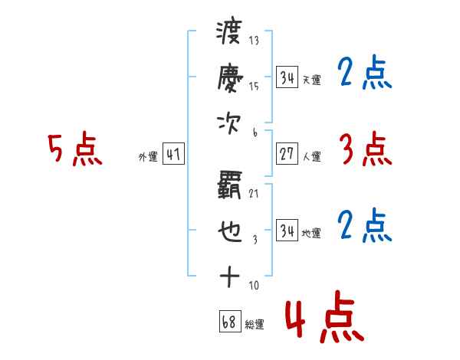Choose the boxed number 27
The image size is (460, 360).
[287, 154]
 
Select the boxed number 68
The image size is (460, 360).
[228, 323]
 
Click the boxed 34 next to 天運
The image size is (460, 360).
[287, 77]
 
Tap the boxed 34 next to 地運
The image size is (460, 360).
[287, 231]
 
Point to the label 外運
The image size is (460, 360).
[148, 158]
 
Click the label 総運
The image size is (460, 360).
[254, 326]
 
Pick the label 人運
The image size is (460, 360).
[312, 156]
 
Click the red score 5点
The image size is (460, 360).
[75, 149]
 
